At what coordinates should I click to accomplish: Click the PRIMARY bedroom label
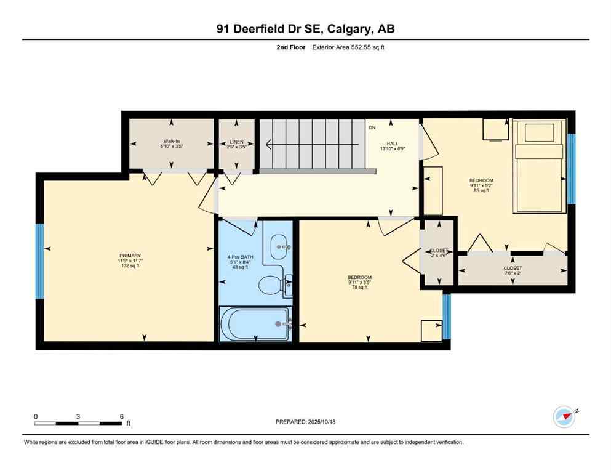(x=130, y=256)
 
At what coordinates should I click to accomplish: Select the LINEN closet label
(x=236, y=141)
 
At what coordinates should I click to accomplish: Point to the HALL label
(x=392, y=143)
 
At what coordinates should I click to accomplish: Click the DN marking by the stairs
(x=372, y=128)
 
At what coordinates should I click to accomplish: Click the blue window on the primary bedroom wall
(x=40, y=261)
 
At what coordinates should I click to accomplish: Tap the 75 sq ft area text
(x=360, y=288)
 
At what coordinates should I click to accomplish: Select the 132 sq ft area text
(x=130, y=266)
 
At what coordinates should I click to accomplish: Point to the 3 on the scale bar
(x=78, y=416)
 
